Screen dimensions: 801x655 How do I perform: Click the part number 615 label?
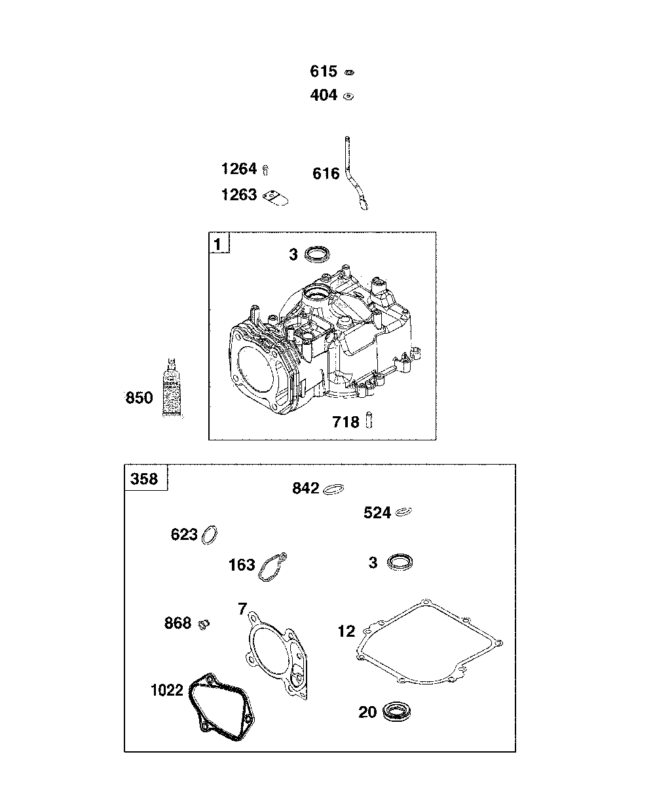pyautogui.click(x=324, y=71)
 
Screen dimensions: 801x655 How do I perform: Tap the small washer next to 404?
pyautogui.click(x=348, y=96)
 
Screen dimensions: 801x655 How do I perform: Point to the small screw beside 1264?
pyautogui.click(x=266, y=170)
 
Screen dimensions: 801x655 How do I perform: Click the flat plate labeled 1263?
pyautogui.click(x=278, y=197)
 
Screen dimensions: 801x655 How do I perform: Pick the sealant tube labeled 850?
pyautogui.click(x=172, y=389)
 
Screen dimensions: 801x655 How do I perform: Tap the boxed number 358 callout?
pyautogui.click(x=145, y=478)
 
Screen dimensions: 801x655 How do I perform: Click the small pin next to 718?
pyautogui.click(x=369, y=419)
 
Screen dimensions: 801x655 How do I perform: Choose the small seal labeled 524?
pyautogui.click(x=403, y=512)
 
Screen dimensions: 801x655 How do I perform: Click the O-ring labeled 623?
pyautogui.click(x=210, y=534)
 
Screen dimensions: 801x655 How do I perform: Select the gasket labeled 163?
pyautogui.click(x=272, y=567)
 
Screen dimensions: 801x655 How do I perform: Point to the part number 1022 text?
pyautogui.click(x=166, y=690)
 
